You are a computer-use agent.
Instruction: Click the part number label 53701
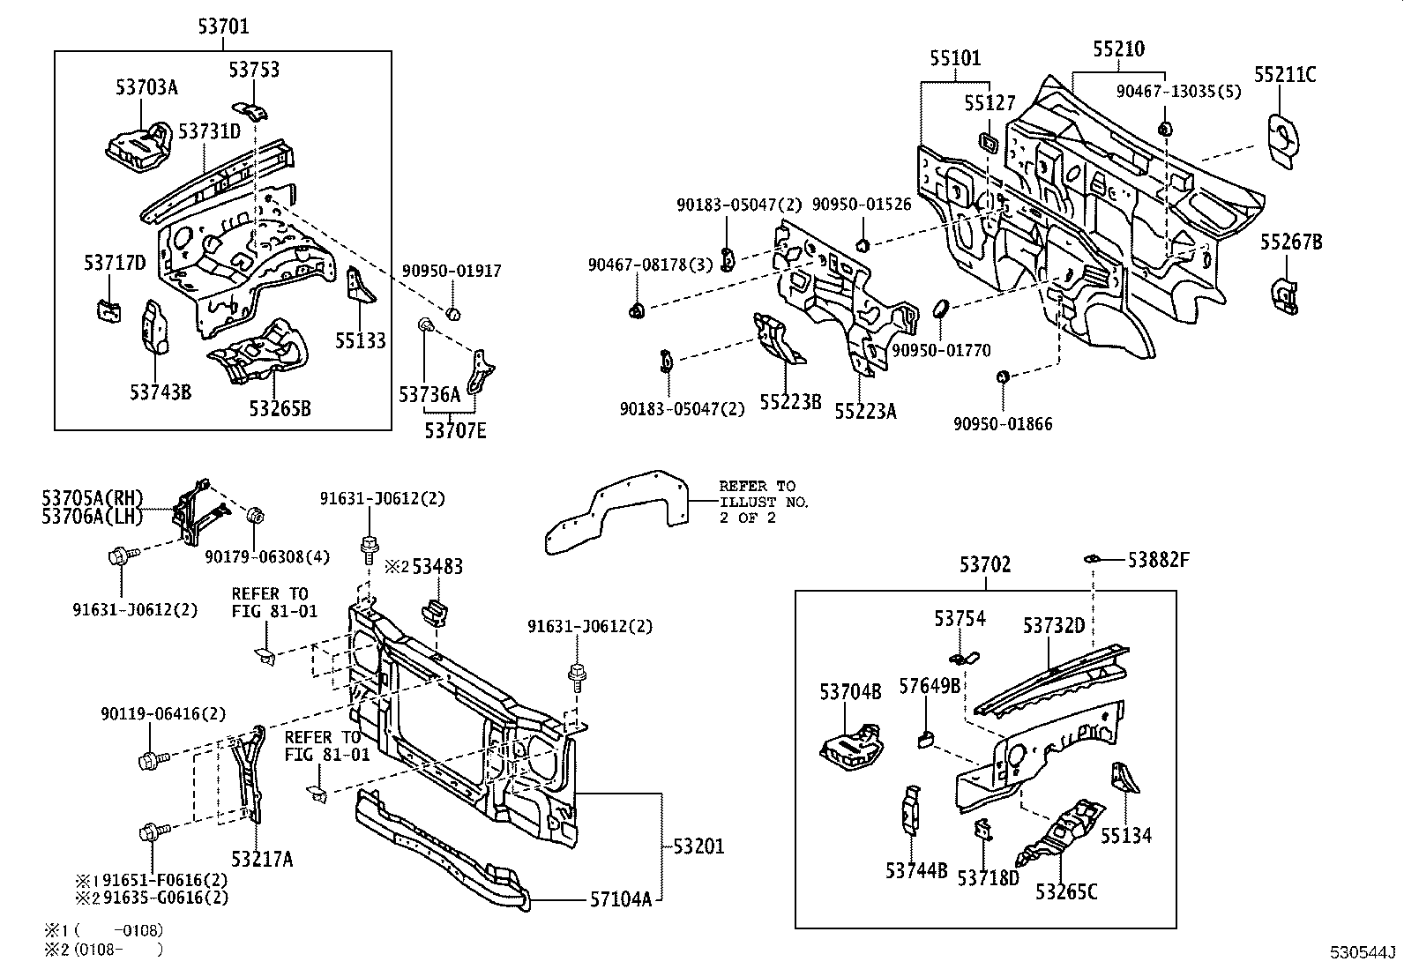(223, 27)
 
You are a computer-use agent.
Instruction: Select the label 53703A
(146, 86)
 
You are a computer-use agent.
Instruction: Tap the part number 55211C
(1285, 76)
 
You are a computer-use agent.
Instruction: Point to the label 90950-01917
(452, 271)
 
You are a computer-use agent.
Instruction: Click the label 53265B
(279, 408)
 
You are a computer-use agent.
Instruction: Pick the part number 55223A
(865, 411)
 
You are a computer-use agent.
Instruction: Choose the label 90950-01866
(1003, 424)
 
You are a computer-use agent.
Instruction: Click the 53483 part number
(437, 567)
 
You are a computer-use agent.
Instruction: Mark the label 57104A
(621, 899)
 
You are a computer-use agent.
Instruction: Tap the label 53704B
(850, 692)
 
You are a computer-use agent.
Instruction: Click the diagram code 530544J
(1363, 953)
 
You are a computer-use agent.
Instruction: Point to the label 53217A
(262, 858)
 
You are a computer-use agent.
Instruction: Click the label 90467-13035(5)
(1177, 91)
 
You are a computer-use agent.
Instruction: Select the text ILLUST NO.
(764, 502)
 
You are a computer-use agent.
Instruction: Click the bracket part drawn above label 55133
(362, 285)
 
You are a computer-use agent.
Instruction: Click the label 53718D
(988, 877)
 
